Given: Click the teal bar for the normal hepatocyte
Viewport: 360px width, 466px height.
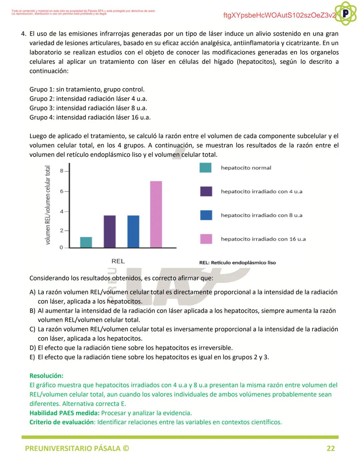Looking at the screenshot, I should click(86, 242).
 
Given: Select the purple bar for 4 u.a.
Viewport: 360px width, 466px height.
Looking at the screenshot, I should click(110, 231).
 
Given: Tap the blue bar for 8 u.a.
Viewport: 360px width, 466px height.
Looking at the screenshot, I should click(133, 231).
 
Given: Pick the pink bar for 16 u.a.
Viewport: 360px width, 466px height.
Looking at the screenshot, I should click(156, 214).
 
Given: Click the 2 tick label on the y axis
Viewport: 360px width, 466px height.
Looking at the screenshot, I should click(62, 230).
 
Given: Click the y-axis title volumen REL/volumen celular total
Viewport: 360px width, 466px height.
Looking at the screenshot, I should click(48, 205).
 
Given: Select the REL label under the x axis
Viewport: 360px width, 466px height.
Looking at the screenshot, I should click(118, 261).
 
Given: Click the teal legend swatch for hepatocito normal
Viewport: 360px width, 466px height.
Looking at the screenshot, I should click(206, 168).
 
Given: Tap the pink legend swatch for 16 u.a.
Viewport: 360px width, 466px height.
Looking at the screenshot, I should click(206, 239).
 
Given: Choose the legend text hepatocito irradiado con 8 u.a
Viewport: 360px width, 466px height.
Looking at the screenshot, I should click(262, 215).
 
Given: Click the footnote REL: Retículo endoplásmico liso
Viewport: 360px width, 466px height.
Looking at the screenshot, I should click(237, 263).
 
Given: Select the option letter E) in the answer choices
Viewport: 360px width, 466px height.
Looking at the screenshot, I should click(32, 357).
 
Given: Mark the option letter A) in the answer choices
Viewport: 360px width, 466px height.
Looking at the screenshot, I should click(32, 292).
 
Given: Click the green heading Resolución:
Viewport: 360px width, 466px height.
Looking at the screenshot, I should click(46, 376).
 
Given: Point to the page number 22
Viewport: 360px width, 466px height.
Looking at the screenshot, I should click(330, 448).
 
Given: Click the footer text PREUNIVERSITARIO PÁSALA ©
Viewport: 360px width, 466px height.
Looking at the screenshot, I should click(77, 448).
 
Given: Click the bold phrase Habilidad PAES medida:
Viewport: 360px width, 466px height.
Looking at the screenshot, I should click(64, 413).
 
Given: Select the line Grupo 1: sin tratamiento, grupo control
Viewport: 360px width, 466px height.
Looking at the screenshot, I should click(87, 89).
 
